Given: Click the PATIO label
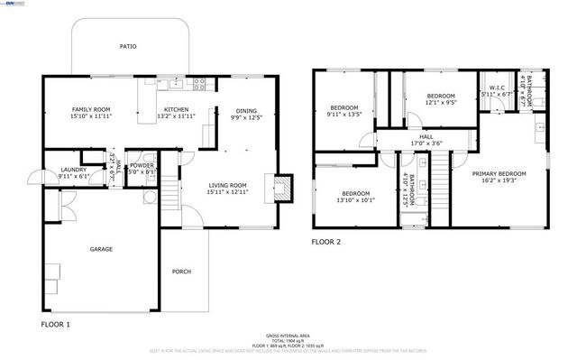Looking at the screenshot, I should (x=128, y=45).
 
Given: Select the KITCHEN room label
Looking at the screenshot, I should (x=176, y=110).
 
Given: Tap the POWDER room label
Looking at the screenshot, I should (x=142, y=165).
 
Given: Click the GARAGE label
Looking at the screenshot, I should (x=100, y=249).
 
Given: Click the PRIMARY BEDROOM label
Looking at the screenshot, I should (x=499, y=172).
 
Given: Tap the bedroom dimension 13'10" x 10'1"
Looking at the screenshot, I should (x=356, y=201).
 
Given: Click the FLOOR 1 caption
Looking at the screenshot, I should (x=55, y=323).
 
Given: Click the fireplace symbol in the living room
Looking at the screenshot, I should (x=281, y=189).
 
